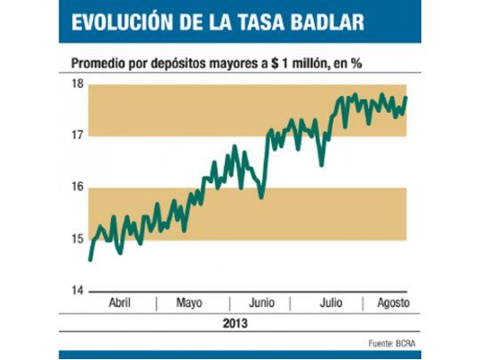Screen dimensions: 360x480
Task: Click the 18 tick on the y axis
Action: coord(77,84)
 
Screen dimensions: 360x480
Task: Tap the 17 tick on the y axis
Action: coord(77,136)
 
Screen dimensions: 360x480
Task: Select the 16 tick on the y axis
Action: coord(77,188)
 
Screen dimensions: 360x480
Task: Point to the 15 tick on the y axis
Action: coord(77,239)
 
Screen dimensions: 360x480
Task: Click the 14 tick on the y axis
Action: coord(77,291)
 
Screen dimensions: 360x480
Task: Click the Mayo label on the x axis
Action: coord(190,303)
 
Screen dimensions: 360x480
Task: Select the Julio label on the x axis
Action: coord(331,303)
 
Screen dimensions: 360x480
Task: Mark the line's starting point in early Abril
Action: coord(91,259)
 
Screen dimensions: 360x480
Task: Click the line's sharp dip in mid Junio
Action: coord(260,196)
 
